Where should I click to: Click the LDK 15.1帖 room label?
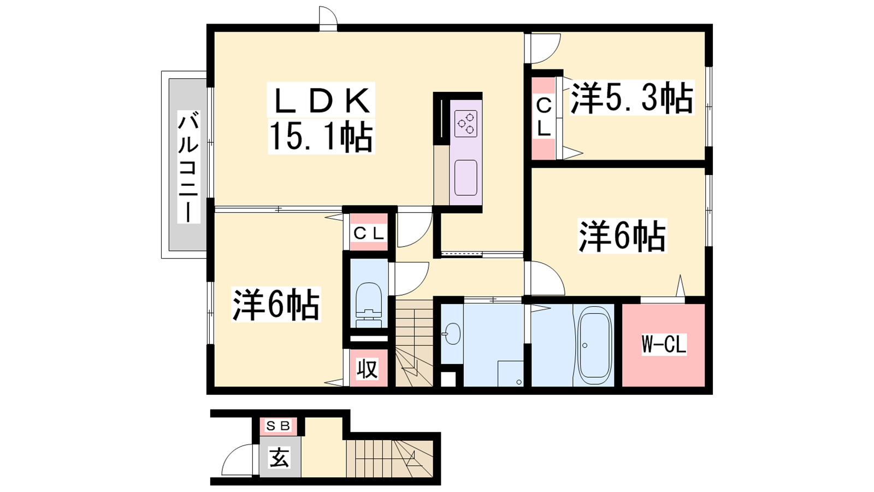pyautogui.click(x=321, y=118)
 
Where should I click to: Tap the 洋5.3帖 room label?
pyautogui.click(x=632, y=98)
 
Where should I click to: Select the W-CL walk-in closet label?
pyautogui.click(x=664, y=344)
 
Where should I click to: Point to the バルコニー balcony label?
pyautogui.click(x=188, y=167)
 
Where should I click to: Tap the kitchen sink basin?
pyautogui.click(x=466, y=178)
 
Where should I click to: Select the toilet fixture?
pyautogui.click(x=369, y=305)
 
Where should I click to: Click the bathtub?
pyautogui.click(x=594, y=345)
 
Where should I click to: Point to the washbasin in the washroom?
pyautogui.click(x=452, y=334)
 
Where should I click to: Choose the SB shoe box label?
pyautogui.click(x=278, y=426)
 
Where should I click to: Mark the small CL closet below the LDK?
pyautogui.click(x=369, y=233)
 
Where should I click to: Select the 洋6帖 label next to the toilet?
pyautogui.click(x=276, y=304)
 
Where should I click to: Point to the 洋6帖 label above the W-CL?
pyautogui.click(x=622, y=236)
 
